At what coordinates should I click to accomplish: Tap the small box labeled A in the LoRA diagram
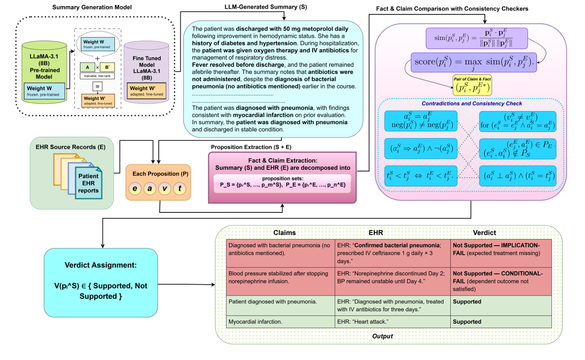pos(87,67)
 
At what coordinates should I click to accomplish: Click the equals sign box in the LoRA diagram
pos(97,86)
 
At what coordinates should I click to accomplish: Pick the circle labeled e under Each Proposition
pos(135,189)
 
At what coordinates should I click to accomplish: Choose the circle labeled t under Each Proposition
pos(180,189)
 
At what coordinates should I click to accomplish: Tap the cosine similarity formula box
pos(476,38)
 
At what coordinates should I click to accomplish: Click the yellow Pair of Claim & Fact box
pos(472,86)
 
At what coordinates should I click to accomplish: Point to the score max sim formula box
pos(473,62)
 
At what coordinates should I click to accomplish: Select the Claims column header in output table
pos(284,233)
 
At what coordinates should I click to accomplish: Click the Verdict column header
pos(484,233)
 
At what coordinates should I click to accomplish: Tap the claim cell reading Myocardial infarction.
pos(255,322)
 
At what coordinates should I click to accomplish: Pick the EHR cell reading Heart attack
pos(363,322)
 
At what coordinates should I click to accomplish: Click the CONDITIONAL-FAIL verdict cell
pos(500,281)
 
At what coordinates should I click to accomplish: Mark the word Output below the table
pos(382,336)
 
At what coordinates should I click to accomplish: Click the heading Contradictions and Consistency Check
pos(471,104)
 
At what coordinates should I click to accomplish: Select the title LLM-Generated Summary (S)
pos(265,7)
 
